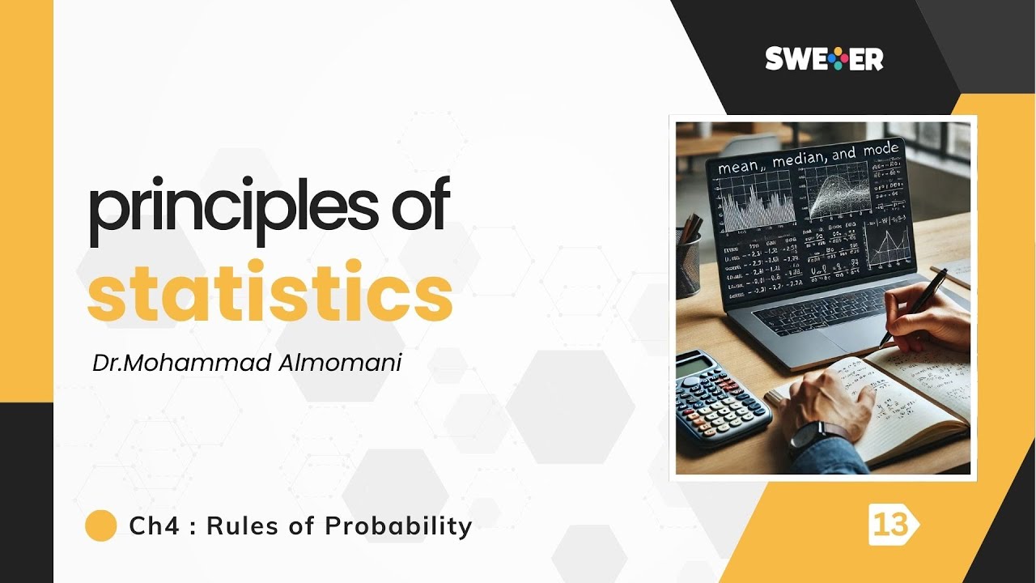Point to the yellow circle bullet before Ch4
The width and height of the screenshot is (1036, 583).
click(101, 526)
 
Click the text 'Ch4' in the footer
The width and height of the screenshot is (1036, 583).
click(150, 526)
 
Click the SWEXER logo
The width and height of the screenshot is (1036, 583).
click(824, 59)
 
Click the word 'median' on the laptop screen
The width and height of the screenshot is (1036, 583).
click(801, 160)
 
